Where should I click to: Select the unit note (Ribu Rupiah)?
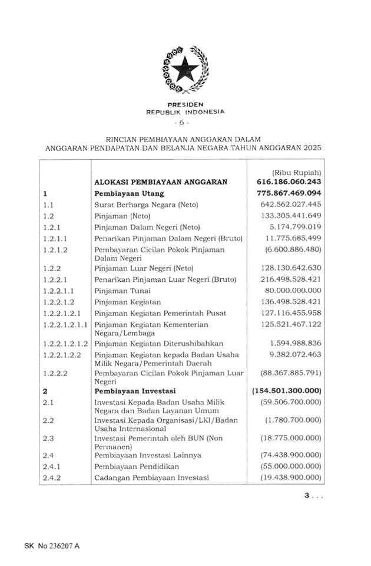pos(297,172)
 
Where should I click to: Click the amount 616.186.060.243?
pos(289,182)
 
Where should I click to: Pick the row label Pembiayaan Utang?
pos(129,193)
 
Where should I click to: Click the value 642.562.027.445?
pos(290,205)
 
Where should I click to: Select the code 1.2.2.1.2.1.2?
pos(65,343)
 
